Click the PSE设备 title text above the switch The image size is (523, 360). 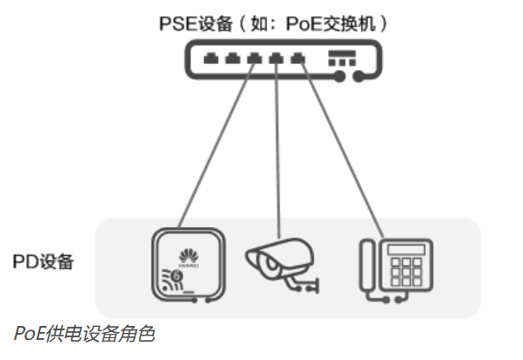click(x=273, y=24)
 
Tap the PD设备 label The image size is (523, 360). click(x=43, y=261)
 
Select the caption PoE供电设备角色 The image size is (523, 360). click(x=84, y=333)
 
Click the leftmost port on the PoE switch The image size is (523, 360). click(x=211, y=59)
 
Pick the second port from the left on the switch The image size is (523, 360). click(x=233, y=59)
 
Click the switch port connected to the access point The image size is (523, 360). click(x=255, y=59)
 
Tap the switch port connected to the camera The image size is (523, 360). click(x=276, y=59)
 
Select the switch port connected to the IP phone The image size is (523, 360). click(x=298, y=59)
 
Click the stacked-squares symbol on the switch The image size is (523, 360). click(x=342, y=59)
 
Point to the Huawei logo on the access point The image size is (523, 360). click(x=188, y=258)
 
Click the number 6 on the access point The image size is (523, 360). click(x=177, y=276)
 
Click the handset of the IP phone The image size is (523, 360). click(x=367, y=265)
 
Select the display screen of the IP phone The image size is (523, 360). click(x=407, y=250)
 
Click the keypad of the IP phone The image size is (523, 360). click(x=407, y=272)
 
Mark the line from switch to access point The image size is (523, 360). click(x=217, y=145)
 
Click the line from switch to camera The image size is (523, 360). click(x=277, y=150)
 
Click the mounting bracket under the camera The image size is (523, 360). click(x=302, y=284)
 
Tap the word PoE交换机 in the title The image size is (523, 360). click(x=331, y=24)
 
